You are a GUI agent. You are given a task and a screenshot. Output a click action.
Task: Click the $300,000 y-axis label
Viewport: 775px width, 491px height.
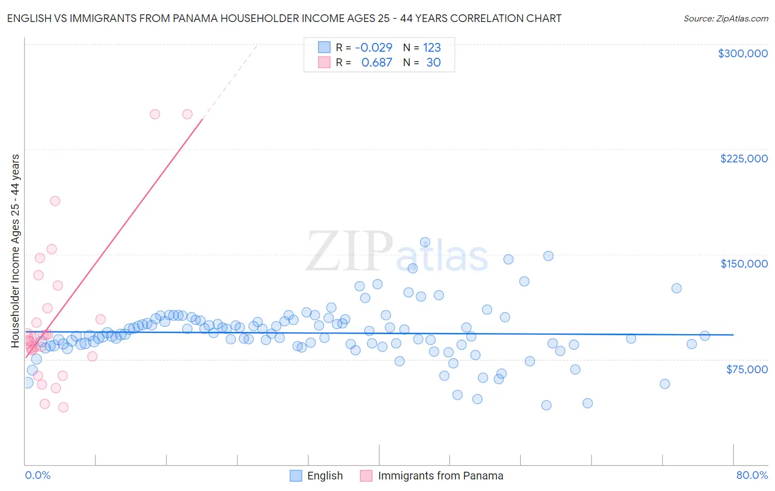click(x=742, y=53)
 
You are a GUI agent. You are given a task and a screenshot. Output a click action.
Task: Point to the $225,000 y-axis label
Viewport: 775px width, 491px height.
click(x=744, y=159)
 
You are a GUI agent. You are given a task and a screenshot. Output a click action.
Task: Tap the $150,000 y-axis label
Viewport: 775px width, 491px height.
click(x=744, y=264)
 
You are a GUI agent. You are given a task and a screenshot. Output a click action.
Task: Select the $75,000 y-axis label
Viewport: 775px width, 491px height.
click(x=746, y=369)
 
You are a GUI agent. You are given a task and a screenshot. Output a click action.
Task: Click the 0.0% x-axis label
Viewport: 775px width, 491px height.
click(x=37, y=475)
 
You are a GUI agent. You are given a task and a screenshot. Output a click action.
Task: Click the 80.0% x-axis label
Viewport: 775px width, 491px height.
click(x=752, y=475)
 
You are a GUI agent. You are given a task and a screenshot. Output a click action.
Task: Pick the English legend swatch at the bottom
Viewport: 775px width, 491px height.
click(x=296, y=476)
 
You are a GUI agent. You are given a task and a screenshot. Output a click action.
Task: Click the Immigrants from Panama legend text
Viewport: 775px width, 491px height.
click(x=440, y=476)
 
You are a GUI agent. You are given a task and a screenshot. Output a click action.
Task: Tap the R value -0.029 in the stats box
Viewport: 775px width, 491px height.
click(x=373, y=47)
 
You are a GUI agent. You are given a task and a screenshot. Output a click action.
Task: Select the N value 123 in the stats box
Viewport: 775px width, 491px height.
click(x=432, y=47)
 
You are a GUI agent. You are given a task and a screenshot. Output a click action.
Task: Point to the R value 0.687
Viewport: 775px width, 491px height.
click(x=376, y=62)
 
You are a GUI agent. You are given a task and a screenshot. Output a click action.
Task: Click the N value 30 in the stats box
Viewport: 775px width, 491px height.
click(x=433, y=62)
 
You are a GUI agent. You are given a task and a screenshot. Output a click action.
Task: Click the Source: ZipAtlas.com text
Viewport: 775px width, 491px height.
click(x=725, y=18)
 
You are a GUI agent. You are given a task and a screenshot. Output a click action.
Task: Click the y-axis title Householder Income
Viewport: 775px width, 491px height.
click(x=15, y=251)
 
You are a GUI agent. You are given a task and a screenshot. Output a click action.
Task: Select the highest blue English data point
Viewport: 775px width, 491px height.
click(x=425, y=242)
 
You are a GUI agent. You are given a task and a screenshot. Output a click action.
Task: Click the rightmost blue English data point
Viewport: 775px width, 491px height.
click(x=704, y=336)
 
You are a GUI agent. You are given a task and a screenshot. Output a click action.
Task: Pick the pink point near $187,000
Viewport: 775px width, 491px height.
click(x=55, y=201)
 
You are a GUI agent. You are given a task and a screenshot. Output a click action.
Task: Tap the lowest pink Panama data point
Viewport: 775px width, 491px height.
click(x=63, y=407)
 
